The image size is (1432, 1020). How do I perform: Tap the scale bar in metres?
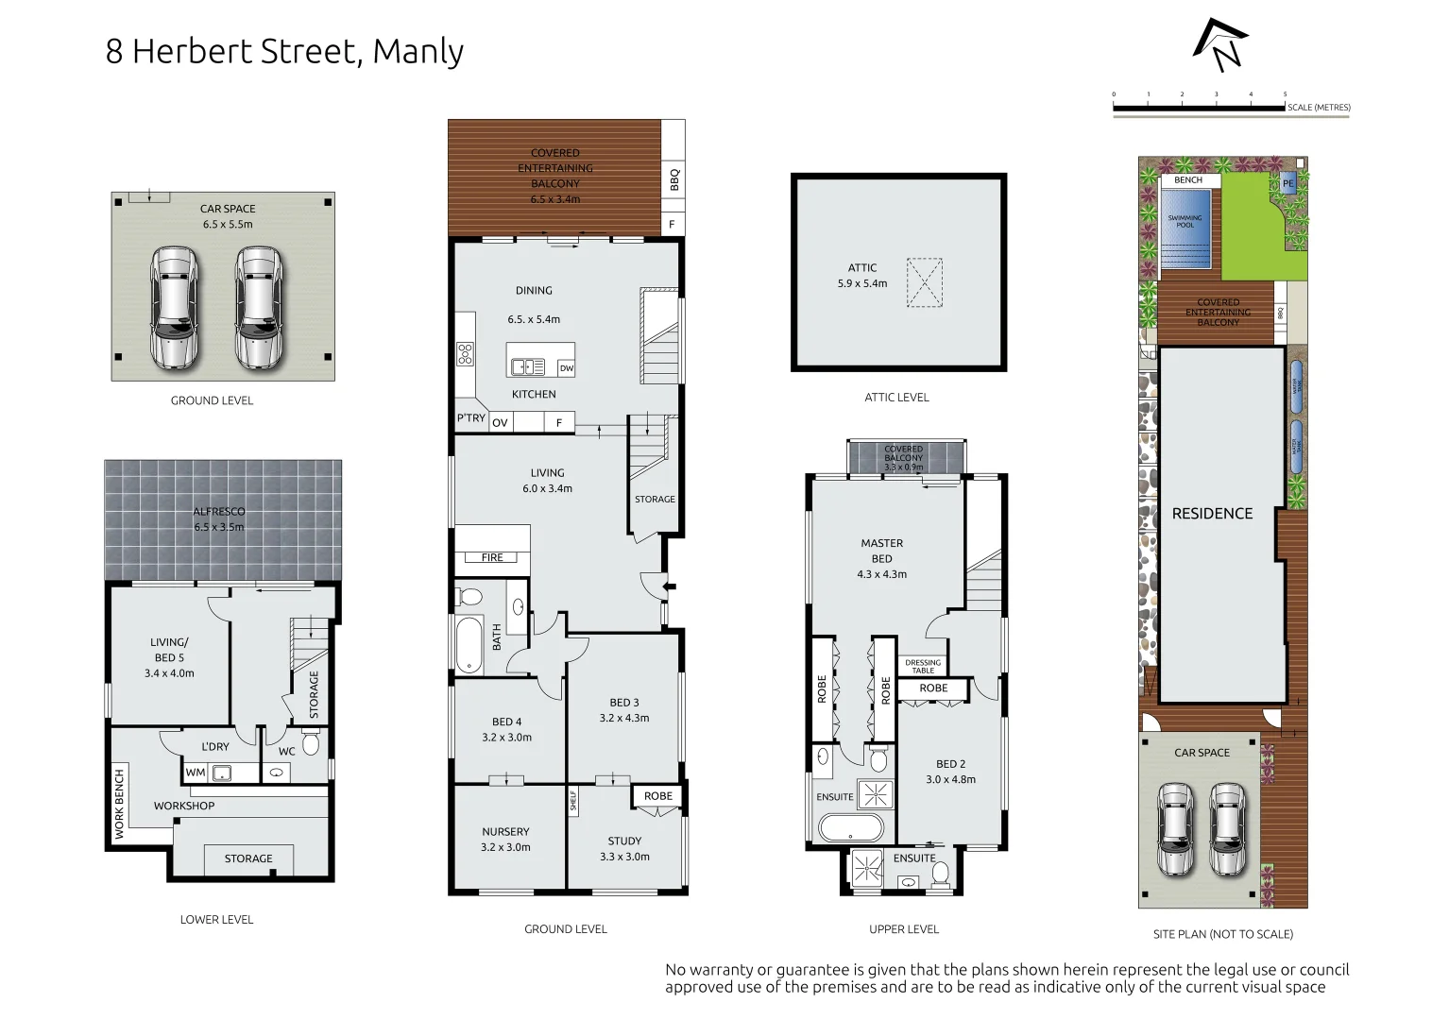(1200, 109)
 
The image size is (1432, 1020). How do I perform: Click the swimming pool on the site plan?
(1185, 227)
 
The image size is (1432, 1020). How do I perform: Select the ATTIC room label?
(861, 268)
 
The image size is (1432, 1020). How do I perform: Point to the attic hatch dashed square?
(924, 282)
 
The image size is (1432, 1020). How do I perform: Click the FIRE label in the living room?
(492, 557)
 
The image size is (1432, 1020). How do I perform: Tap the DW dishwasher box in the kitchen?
(566, 368)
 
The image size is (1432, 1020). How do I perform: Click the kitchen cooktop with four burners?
(465, 354)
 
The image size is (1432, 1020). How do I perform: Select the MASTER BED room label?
(881, 551)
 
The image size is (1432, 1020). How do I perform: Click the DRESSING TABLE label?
(923, 666)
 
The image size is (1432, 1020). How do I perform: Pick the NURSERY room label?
(505, 832)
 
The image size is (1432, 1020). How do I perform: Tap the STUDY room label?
(624, 841)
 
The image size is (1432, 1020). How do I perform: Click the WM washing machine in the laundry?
(196, 773)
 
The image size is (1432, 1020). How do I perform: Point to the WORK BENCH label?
(119, 804)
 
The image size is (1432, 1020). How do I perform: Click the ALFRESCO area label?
(219, 512)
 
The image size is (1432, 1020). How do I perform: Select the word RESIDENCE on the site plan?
(1212, 514)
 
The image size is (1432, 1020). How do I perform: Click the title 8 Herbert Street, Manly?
(284, 51)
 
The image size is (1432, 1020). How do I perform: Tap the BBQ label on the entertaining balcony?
(673, 178)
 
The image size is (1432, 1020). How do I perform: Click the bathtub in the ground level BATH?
(469, 644)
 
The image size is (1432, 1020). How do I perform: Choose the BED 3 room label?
(623, 703)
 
